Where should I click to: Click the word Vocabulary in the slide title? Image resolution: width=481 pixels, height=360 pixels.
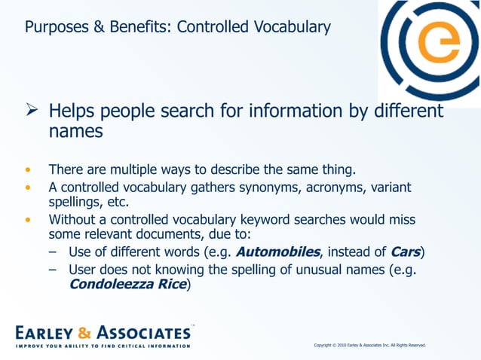click(x=292, y=28)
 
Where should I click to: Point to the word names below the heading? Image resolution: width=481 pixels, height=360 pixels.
click(x=76, y=132)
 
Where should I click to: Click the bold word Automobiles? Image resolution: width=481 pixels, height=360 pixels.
click(x=280, y=251)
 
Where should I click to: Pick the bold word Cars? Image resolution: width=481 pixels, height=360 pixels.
click(x=405, y=251)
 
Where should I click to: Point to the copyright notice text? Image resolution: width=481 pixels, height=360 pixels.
click(x=369, y=345)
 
